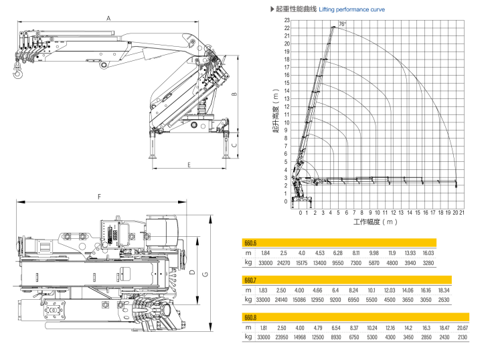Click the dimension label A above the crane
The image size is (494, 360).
coord(108,18)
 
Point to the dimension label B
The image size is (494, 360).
coord(234,94)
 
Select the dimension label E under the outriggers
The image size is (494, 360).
coord(190,164)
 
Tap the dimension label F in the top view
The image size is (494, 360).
coord(99,197)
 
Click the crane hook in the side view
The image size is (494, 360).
coord(17,72)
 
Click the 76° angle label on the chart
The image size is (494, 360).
coord(343,24)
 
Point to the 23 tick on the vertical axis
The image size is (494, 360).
coord(286,20)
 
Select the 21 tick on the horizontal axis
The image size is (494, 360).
coord(462,212)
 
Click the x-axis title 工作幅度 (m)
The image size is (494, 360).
coord(376,221)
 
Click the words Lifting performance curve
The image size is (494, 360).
coord(352,9)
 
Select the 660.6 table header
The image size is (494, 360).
coord(252,243)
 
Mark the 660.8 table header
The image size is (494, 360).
coord(252,317)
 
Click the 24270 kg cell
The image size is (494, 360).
coord(284,263)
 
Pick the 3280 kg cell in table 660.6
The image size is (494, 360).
coord(428,263)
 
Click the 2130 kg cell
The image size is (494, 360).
coord(462,337)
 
